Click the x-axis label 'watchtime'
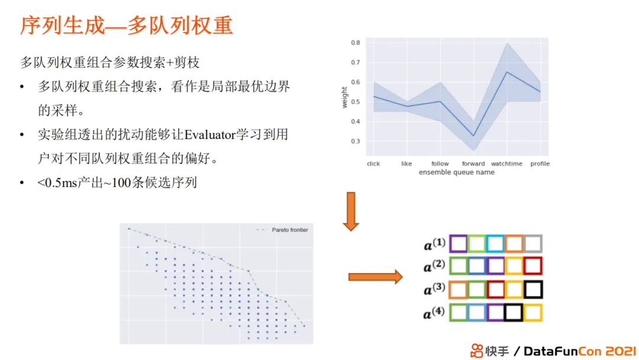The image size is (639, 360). (506, 163)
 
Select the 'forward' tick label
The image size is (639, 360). (473, 163)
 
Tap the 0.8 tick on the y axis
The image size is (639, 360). (356, 43)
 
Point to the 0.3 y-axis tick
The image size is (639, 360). (356, 141)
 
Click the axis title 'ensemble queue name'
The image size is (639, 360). (456, 172)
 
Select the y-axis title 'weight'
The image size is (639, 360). (344, 97)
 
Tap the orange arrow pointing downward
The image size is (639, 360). (351, 211)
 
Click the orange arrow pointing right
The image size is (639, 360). (375, 277)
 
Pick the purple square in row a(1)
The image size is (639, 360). (459, 244)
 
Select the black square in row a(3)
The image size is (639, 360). (533, 290)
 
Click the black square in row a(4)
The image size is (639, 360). (514, 313)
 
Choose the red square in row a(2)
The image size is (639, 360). (533, 266)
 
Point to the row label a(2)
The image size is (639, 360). (434, 266)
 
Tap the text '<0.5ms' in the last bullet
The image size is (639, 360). (57, 182)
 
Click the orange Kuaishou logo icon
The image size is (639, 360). (476, 351)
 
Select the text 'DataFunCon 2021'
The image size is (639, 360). (579, 351)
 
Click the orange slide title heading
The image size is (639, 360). (127, 25)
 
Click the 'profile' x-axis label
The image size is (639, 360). (540, 163)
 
